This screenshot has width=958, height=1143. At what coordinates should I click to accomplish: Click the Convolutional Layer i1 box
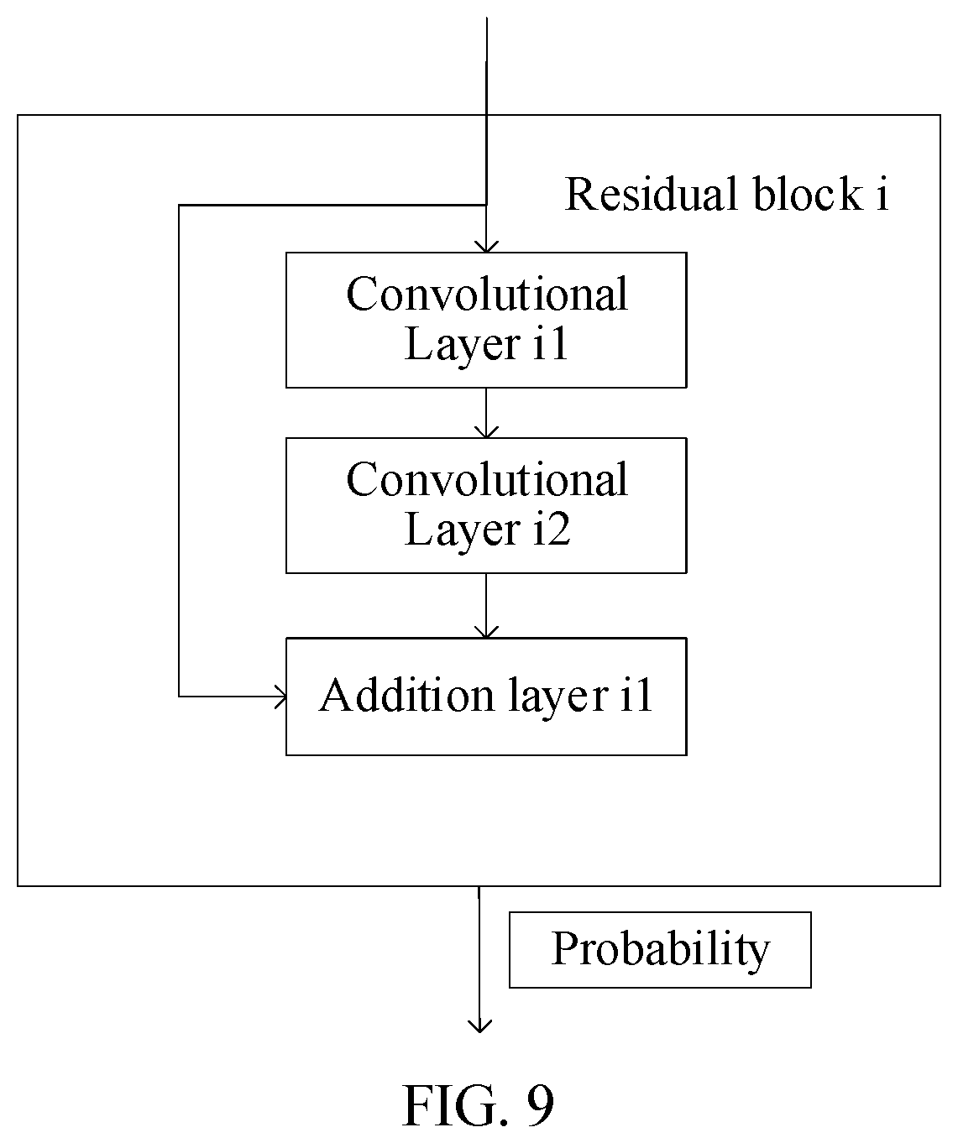tap(486, 321)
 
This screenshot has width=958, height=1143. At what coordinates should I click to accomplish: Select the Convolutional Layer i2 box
tap(486, 506)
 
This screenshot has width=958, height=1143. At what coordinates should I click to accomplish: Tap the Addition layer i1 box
tap(486, 697)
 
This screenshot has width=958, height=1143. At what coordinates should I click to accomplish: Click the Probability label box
tap(660, 950)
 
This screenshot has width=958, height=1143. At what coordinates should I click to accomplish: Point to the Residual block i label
tap(727, 194)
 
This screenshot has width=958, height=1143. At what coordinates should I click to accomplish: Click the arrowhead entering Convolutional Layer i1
tap(486, 247)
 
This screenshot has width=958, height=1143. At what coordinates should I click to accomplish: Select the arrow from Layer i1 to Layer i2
tap(486, 413)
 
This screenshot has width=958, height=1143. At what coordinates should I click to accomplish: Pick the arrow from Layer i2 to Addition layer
tap(486, 606)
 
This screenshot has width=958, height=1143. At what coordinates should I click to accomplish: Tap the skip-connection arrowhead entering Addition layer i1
tap(280, 697)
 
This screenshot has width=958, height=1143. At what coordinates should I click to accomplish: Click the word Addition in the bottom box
tap(407, 695)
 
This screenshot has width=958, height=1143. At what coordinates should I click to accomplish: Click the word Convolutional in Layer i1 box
tap(487, 294)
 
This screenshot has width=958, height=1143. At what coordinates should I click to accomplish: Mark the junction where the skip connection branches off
tap(486, 206)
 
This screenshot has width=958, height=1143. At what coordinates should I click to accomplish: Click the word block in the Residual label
tap(808, 194)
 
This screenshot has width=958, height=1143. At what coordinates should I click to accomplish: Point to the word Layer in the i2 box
tap(463, 530)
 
